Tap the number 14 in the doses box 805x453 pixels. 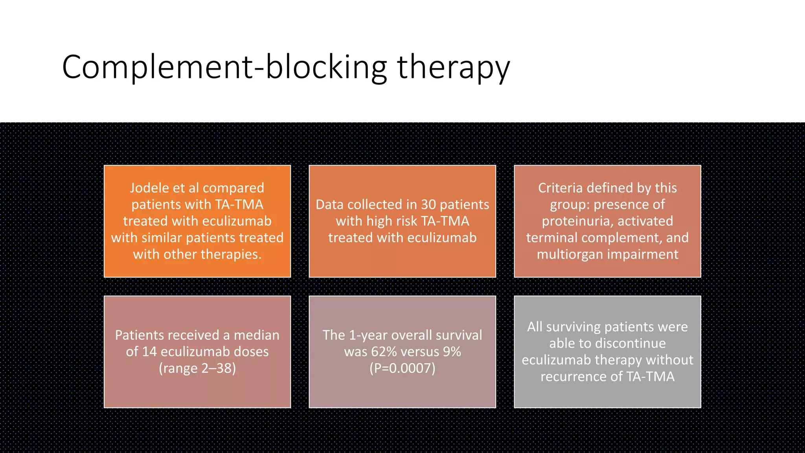click(x=149, y=352)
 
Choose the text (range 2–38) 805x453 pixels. click(x=197, y=368)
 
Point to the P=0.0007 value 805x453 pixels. click(x=402, y=368)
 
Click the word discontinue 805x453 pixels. click(x=607, y=343)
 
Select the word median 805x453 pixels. click(x=256, y=335)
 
